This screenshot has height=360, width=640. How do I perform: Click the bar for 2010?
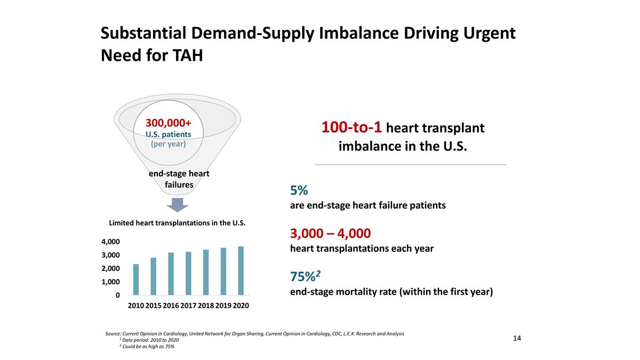click(x=136, y=279)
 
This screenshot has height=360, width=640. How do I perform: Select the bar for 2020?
click(x=241, y=270)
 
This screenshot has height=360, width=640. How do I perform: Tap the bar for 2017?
click(x=188, y=273)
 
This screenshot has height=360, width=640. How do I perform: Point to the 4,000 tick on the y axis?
click(x=111, y=242)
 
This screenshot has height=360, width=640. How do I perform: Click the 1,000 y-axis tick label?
click(x=111, y=282)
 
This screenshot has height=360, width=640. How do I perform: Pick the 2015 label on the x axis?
click(x=153, y=306)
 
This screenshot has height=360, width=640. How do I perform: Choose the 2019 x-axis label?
click(x=223, y=306)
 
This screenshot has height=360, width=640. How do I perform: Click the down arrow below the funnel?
click(x=178, y=205)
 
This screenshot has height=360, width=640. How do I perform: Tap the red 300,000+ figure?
click(x=168, y=123)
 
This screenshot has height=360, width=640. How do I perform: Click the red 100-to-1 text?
click(x=351, y=128)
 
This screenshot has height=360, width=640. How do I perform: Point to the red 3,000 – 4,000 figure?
click(x=330, y=234)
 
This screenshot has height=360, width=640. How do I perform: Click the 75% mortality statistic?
click(x=306, y=277)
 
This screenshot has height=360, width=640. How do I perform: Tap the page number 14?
click(x=517, y=339)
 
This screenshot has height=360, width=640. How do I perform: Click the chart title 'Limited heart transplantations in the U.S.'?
click(x=177, y=223)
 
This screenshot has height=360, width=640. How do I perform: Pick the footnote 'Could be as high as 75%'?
click(x=148, y=347)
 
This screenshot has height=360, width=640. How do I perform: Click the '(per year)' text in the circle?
click(x=168, y=144)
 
